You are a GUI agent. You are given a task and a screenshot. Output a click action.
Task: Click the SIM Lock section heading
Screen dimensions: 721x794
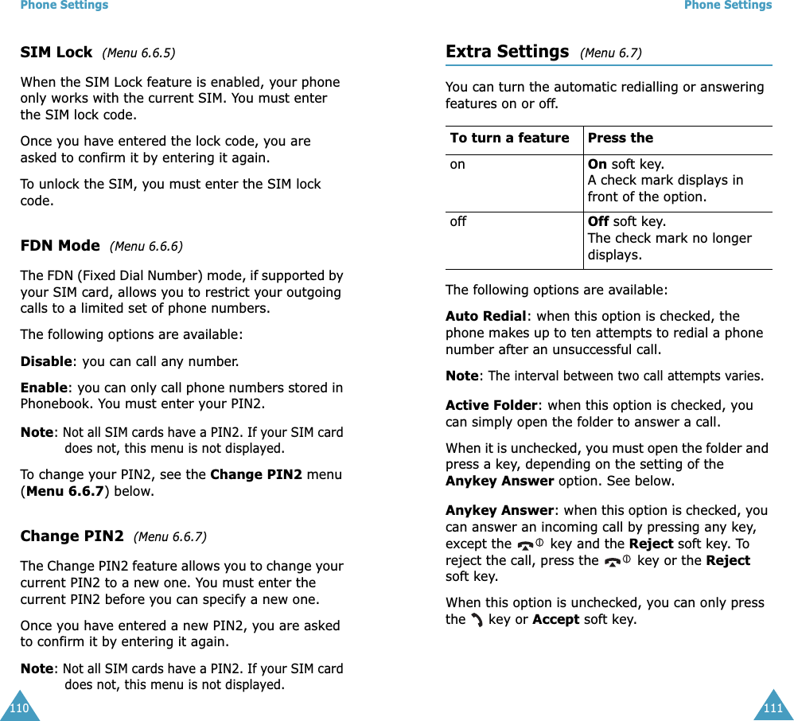click(56, 53)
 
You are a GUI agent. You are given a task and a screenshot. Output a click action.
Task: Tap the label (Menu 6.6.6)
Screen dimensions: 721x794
click(146, 247)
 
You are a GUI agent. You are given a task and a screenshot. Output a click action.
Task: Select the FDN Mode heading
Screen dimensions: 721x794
click(60, 246)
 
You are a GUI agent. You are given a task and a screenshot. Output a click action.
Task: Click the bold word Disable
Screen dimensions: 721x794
click(46, 361)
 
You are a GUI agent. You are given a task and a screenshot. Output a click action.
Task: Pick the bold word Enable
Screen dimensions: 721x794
click(44, 388)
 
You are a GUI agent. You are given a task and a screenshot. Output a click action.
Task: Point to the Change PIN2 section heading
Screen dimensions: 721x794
click(72, 536)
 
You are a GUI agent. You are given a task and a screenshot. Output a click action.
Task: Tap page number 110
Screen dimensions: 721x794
click(18, 707)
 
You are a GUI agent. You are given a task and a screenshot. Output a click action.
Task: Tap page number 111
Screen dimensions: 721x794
click(773, 707)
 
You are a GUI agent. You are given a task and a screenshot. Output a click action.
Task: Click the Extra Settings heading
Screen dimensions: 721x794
click(507, 53)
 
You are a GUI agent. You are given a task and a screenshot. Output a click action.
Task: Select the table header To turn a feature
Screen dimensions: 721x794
click(509, 138)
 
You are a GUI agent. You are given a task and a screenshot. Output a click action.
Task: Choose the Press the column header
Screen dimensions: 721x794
click(620, 138)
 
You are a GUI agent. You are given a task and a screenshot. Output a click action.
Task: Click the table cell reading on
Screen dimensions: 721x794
click(457, 165)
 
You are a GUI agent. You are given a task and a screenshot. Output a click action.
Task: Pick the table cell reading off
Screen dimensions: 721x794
click(458, 222)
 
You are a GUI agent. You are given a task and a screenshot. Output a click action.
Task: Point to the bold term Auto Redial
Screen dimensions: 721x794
click(485, 316)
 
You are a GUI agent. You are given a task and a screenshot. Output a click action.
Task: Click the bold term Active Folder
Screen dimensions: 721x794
click(491, 405)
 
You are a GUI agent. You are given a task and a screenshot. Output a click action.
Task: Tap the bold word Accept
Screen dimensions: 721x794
click(555, 619)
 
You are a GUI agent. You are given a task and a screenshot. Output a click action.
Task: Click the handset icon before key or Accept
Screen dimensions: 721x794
click(477, 619)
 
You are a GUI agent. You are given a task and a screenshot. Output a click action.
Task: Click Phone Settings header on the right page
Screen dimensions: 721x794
click(727, 6)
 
